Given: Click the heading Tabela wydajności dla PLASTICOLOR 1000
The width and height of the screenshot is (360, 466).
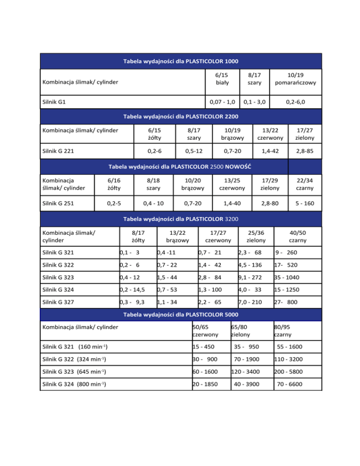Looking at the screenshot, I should tap(180, 61).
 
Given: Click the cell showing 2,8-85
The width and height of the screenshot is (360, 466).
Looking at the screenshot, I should tap(305, 151).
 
